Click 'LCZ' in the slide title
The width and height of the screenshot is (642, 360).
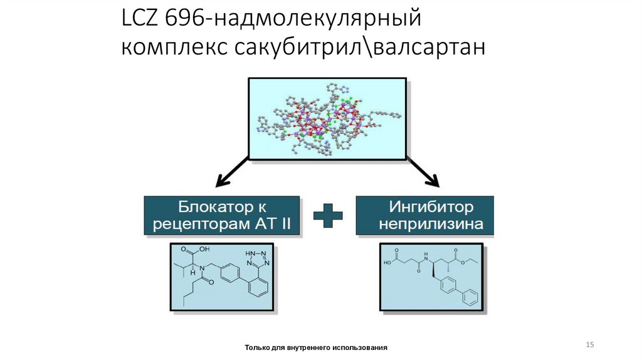(x=140, y=19)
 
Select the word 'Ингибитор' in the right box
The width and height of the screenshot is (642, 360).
(x=431, y=206)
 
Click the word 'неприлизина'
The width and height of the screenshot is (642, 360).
(x=431, y=225)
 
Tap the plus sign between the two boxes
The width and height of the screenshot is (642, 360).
(x=328, y=216)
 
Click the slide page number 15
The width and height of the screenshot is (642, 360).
(x=589, y=345)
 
